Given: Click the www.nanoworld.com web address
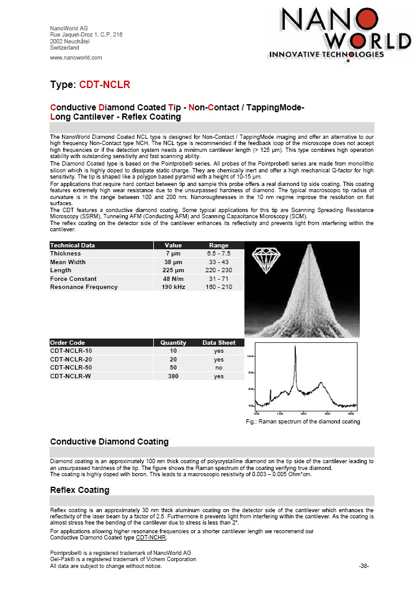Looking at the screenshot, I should (76, 58).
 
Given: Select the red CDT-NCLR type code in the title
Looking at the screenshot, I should (104, 84).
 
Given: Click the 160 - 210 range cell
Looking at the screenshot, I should (219, 287).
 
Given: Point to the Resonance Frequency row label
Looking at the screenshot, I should (84, 287).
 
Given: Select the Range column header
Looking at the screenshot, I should (219, 246).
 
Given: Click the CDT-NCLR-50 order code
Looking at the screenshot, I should (71, 368).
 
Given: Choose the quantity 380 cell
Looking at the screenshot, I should (173, 376).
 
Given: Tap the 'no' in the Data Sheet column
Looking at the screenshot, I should (219, 368).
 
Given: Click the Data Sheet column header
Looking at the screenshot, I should (219, 342).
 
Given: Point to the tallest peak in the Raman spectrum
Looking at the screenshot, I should (295, 348).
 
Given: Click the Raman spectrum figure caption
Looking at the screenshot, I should (303, 422).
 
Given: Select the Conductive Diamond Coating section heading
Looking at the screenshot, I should (109, 441).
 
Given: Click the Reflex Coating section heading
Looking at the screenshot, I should (79, 490).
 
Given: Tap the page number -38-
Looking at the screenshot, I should (364, 566).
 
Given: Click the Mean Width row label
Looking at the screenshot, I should (68, 262).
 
